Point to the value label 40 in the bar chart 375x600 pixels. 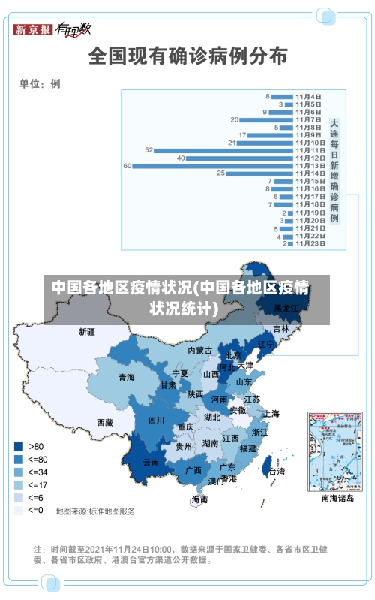click(181, 158)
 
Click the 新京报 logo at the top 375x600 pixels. click(33, 29)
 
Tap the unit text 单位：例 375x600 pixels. click(40, 83)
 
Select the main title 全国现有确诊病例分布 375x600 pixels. click(188, 56)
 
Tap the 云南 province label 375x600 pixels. click(151, 463)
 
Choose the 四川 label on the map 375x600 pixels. click(156, 421)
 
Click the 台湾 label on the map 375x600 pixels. click(277, 472)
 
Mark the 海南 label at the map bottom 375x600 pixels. click(199, 499)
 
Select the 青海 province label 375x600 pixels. click(126, 377)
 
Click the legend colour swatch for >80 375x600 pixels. click(18, 446)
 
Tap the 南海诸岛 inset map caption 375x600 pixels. click(337, 497)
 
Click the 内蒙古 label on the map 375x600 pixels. click(200, 351)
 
